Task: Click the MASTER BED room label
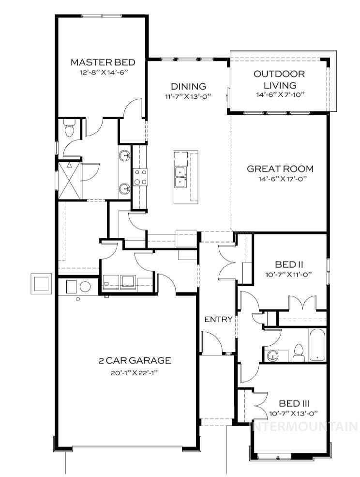[102, 62]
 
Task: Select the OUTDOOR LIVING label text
[280, 80]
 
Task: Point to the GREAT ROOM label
[280, 169]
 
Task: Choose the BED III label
[294, 403]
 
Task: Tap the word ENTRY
[218, 320]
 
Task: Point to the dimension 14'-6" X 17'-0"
[280, 179]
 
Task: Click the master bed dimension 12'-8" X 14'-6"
[102, 73]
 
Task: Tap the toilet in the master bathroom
[69, 129]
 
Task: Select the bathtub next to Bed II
[317, 344]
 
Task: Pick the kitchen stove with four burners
[140, 177]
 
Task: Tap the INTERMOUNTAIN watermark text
[303, 427]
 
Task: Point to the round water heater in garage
[85, 286]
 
